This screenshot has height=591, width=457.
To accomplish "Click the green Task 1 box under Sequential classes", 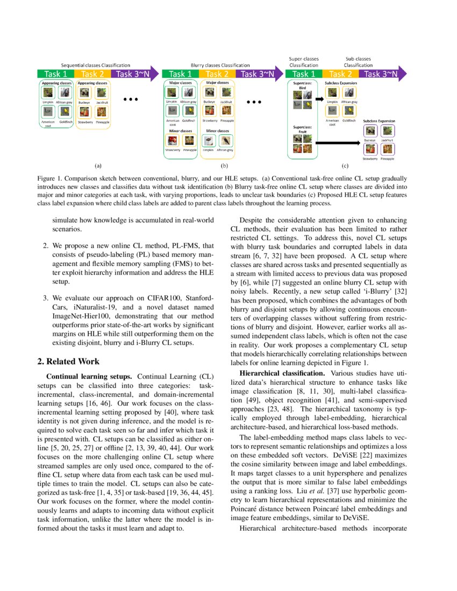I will point(55,74).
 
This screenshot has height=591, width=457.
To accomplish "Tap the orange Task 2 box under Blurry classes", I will point(217,74).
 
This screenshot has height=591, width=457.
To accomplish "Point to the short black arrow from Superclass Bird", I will point(317,99).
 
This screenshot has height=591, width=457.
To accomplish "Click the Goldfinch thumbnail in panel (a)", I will point(65,112).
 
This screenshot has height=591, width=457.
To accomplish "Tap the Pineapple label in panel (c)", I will point(387,159).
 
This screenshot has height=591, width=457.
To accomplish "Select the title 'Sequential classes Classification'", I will point(95,65).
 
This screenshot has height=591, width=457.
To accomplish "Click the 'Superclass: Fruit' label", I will point(303,129).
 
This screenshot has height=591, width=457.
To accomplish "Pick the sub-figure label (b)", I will point(225,167).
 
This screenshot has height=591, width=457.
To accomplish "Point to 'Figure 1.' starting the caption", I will point(49,178).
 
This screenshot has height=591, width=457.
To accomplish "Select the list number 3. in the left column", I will point(46,297).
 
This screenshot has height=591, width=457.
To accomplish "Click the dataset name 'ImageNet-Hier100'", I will point(78,316).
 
